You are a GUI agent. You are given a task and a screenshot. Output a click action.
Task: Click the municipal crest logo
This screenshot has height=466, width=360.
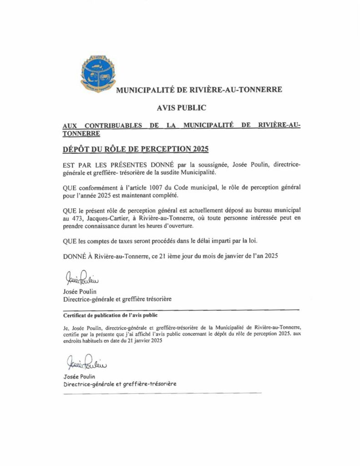[99, 72]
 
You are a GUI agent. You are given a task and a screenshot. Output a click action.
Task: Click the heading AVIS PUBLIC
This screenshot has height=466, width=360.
[181, 108]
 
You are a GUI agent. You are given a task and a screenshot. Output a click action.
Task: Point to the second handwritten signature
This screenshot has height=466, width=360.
[86, 363]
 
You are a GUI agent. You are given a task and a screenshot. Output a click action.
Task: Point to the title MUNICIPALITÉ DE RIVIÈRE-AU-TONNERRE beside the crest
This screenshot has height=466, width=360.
[199, 90]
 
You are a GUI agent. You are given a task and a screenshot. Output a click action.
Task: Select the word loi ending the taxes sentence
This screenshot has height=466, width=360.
[242, 241]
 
